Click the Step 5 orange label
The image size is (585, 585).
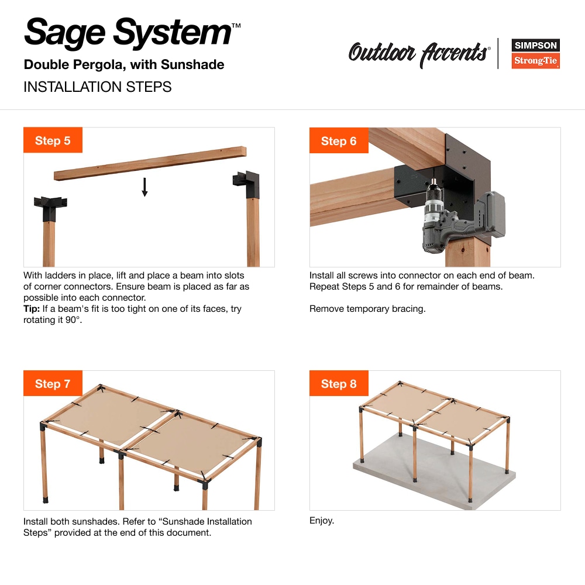click(x=53, y=140)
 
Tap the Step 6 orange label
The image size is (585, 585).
click(x=339, y=140)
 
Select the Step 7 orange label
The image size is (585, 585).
click(x=53, y=383)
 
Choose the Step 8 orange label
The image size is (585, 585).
click(x=339, y=383)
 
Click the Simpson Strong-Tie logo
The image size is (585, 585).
click(x=535, y=53)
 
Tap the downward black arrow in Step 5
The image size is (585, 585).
click(x=144, y=187)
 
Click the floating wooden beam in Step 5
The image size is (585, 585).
click(x=150, y=163)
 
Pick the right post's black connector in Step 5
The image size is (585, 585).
click(x=247, y=184)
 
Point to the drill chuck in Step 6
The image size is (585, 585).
click(x=434, y=190)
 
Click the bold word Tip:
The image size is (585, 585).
click(x=32, y=309)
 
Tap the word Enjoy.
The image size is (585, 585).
click(x=322, y=521)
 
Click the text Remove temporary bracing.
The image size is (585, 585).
click(x=367, y=309)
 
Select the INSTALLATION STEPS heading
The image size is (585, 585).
click(x=97, y=87)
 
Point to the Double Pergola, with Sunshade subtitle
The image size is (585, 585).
click(x=124, y=64)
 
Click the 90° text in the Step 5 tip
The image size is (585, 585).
click(x=74, y=320)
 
